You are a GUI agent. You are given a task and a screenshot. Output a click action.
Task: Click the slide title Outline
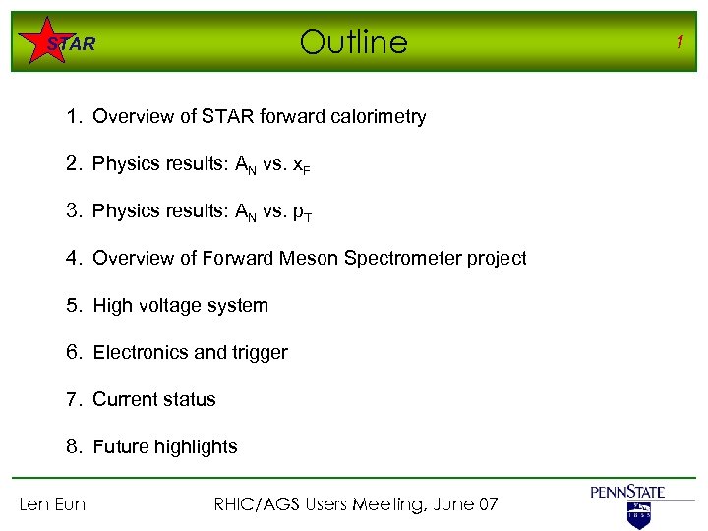[x=353, y=42]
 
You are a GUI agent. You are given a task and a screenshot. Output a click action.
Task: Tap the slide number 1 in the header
[x=678, y=40]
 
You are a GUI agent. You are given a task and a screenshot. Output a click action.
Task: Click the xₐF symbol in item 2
[x=300, y=165]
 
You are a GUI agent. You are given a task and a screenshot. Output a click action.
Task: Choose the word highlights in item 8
[x=192, y=447]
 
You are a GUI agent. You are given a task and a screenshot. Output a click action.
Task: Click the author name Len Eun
[x=53, y=504]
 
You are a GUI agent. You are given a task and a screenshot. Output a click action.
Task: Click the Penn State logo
[x=627, y=503]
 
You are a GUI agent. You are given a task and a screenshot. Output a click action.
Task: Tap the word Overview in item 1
[x=130, y=117]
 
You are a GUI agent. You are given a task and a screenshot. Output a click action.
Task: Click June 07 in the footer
[x=465, y=504]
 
